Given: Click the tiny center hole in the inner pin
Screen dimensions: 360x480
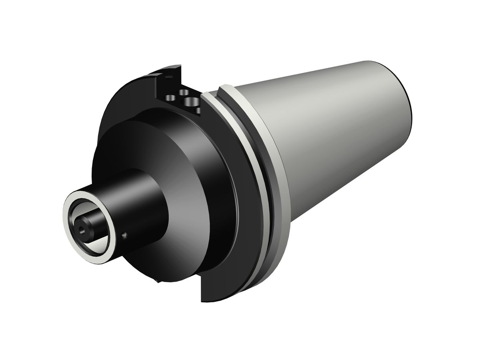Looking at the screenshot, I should click(82, 230).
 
